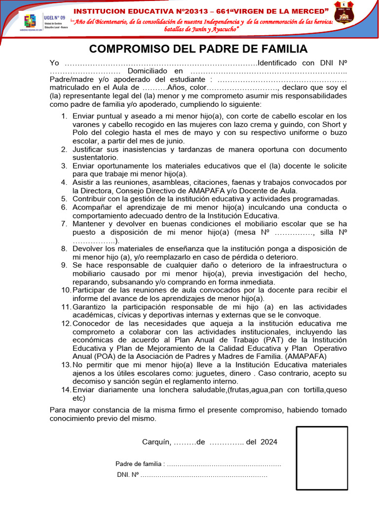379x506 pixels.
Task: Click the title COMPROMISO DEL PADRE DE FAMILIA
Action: [198, 48]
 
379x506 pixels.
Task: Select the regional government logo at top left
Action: [30, 22]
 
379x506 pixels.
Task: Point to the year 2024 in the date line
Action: [268, 442]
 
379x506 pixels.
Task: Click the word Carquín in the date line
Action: [156, 442]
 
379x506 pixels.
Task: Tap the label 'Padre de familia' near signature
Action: [139, 464]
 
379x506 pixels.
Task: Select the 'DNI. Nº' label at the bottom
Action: [128, 475]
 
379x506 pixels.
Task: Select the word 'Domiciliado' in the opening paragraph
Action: [147, 71]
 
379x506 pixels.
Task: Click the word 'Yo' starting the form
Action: [54, 63]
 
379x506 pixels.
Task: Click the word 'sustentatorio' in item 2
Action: [95, 157]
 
